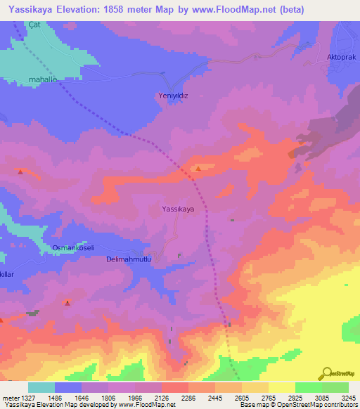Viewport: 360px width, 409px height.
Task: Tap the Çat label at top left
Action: pos(34,25)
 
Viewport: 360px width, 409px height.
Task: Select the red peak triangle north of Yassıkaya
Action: pos(199,169)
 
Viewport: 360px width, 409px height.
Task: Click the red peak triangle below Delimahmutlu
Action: pos(67,303)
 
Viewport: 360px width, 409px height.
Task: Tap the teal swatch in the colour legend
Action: pos(41,387)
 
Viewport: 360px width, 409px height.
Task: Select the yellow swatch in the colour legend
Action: pos(281,387)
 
